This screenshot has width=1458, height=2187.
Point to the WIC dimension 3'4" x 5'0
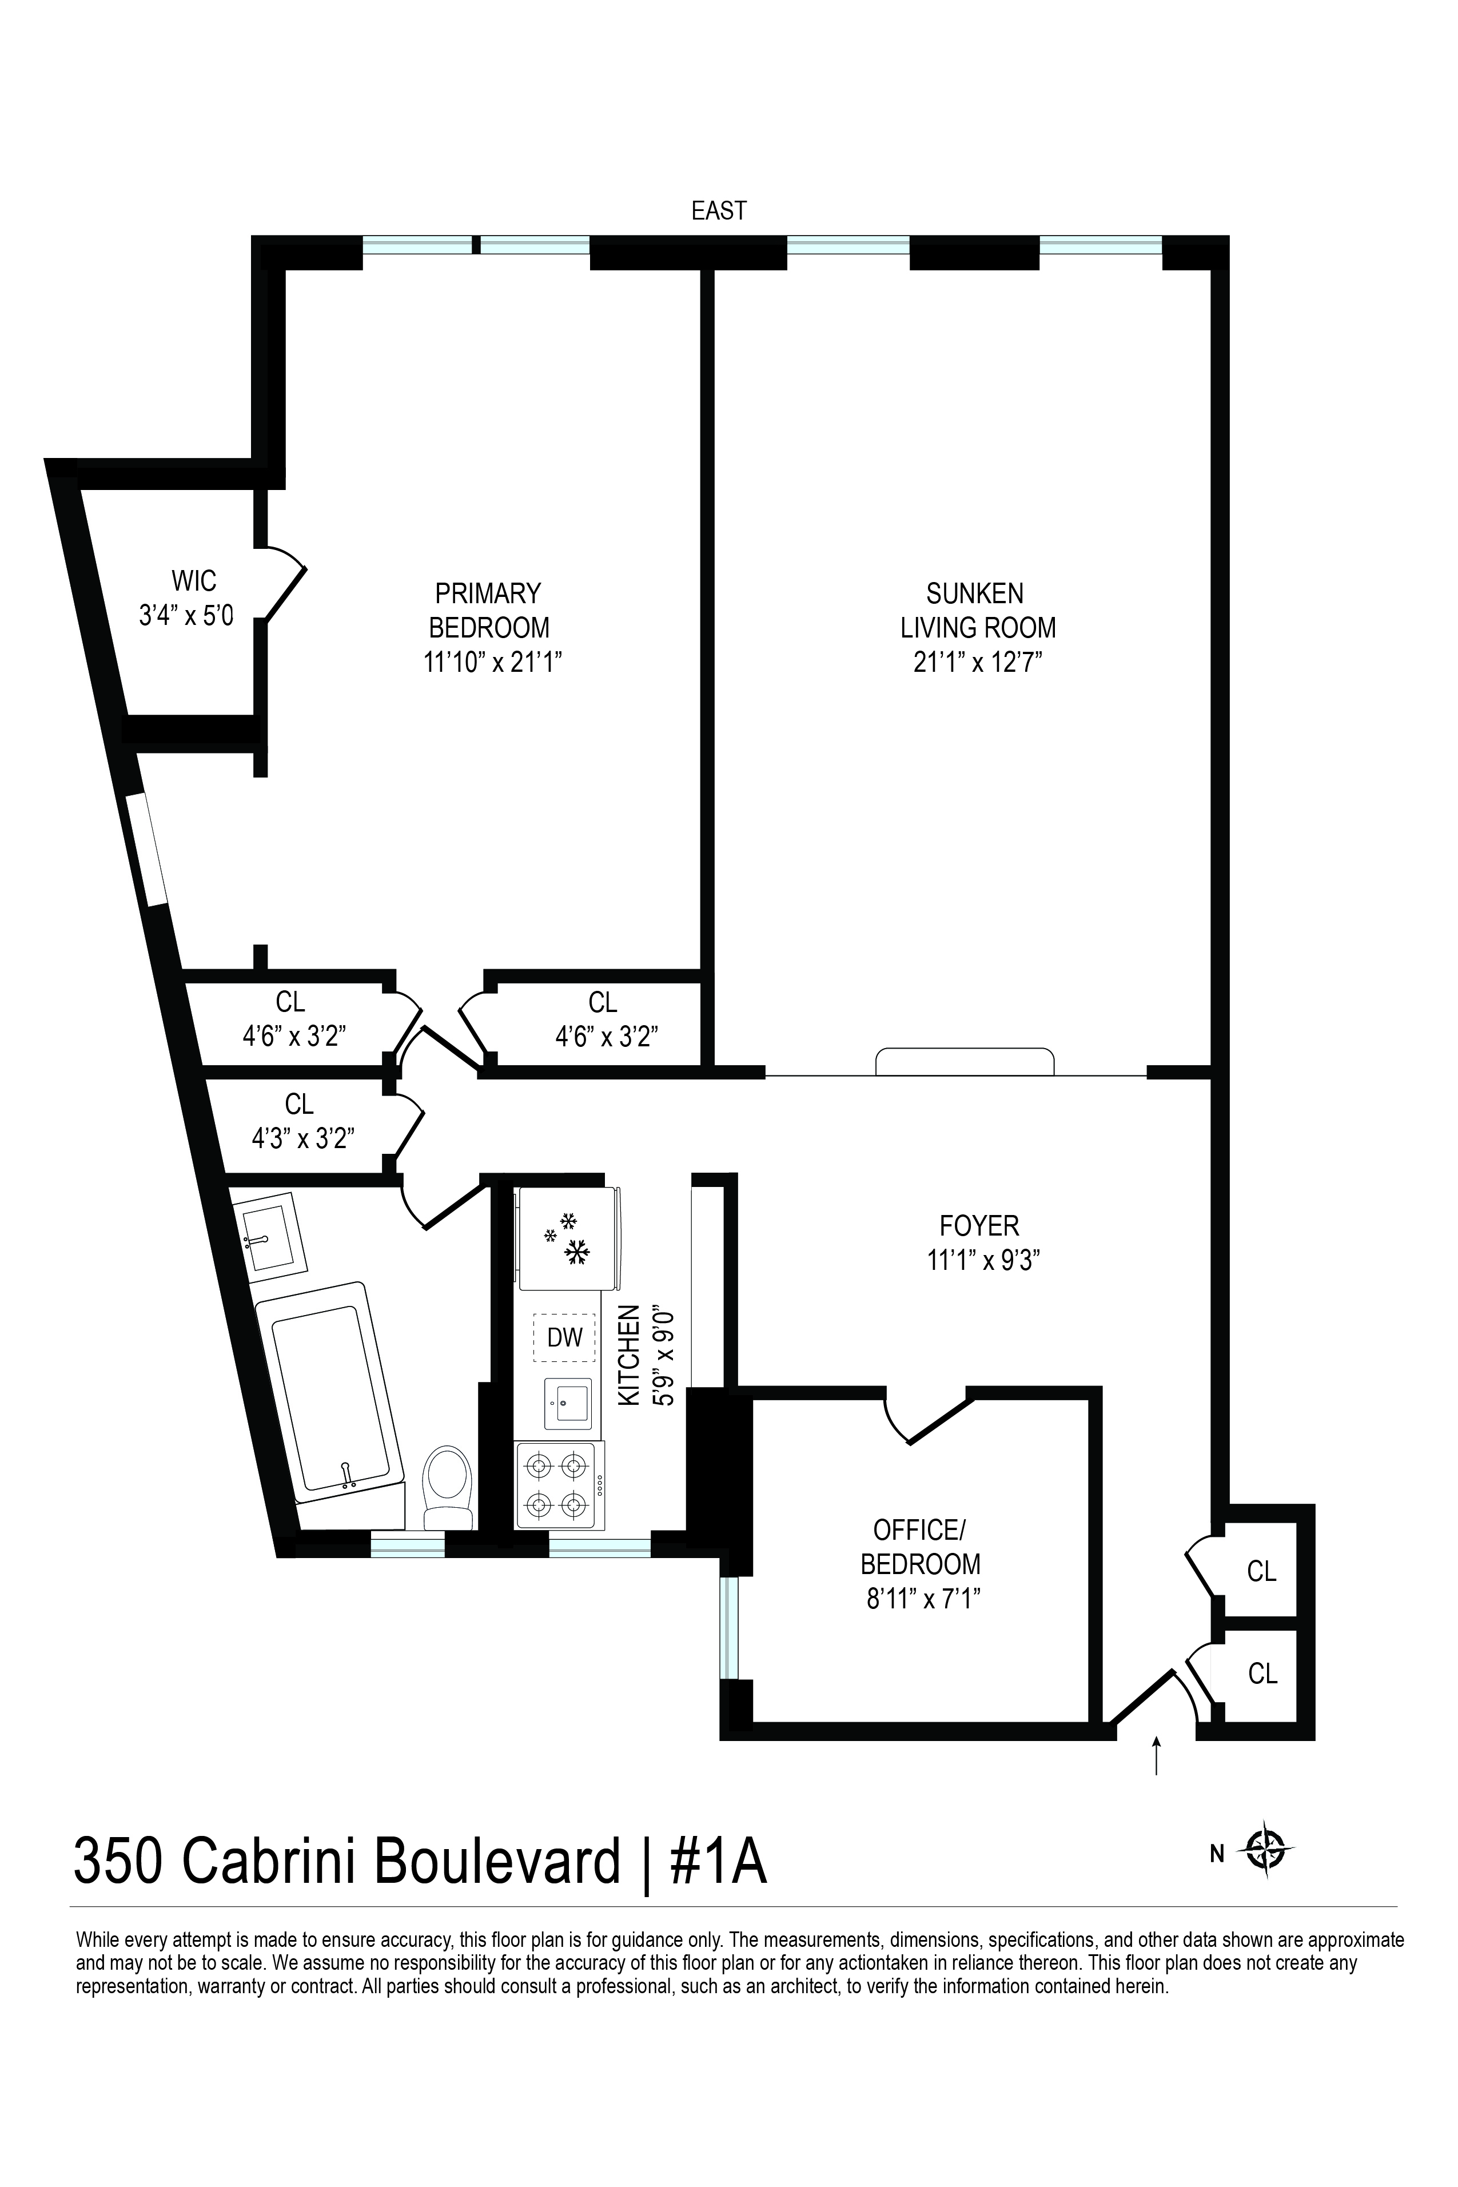coord(186,616)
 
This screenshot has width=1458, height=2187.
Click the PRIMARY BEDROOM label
coord(488,610)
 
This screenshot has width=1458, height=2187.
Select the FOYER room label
coord(979,1225)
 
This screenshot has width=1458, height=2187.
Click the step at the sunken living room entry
coord(965,1061)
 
